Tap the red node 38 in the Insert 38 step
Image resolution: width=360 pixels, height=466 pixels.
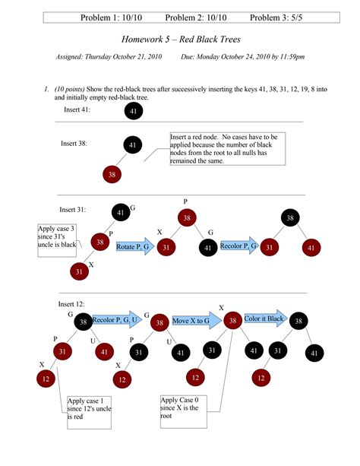click(112, 175)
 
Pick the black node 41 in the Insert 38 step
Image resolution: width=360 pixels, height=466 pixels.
click(134, 144)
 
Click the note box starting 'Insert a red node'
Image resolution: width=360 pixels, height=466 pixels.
click(228, 148)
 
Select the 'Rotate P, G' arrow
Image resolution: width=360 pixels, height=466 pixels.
click(135, 246)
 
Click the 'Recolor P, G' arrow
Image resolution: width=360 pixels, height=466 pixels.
click(239, 246)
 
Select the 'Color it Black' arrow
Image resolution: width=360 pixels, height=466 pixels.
click(264, 319)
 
